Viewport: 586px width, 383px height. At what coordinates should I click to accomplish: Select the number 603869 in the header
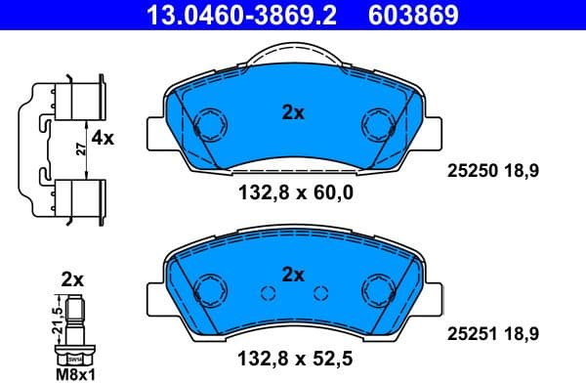point(411,16)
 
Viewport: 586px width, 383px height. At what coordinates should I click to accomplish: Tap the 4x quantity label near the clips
point(103,139)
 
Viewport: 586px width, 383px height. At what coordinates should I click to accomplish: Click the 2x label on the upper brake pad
point(293,112)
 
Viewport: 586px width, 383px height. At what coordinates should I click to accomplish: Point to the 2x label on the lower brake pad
point(293,275)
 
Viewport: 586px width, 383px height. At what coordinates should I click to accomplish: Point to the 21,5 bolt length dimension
point(57,319)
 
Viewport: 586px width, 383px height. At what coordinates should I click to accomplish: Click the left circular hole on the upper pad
point(208,125)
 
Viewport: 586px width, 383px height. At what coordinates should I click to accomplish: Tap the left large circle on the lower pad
point(208,290)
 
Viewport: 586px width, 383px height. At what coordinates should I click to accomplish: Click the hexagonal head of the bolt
point(74,354)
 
